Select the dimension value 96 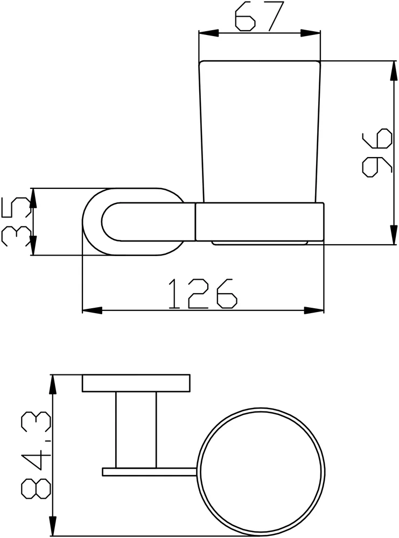(377, 152)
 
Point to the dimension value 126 (203, 293)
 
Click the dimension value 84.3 (36, 455)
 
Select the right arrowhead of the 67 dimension (310, 33)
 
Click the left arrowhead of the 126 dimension (93, 310)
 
